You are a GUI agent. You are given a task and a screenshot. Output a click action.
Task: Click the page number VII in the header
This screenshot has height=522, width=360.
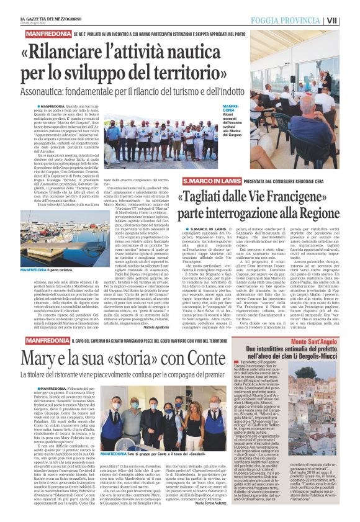(350, 20)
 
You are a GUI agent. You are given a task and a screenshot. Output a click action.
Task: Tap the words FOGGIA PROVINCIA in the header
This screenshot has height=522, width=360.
(310, 20)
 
